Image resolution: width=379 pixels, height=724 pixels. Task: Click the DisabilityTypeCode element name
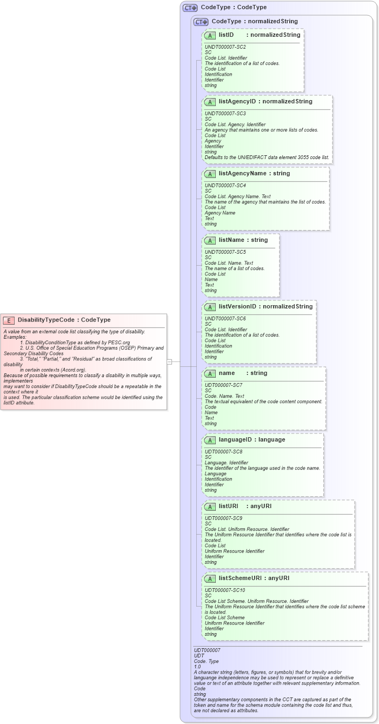[x=46, y=320]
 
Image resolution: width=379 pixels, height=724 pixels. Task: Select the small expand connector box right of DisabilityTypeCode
[x=169, y=361]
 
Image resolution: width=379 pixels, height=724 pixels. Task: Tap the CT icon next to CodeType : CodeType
[x=190, y=8]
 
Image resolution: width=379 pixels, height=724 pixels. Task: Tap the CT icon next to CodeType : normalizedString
[x=201, y=22]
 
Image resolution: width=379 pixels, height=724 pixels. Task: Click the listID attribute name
[x=226, y=35]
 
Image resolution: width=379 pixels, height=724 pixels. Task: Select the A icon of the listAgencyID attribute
[x=210, y=102]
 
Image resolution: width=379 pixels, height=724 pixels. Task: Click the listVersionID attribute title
[x=237, y=307]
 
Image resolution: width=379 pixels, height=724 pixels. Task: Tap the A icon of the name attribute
[x=210, y=373]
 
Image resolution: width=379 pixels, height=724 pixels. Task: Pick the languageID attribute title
[x=237, y=440]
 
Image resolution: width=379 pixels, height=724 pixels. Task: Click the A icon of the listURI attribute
[x=210, y=506]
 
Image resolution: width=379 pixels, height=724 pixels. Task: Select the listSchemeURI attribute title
[x=241, y=578]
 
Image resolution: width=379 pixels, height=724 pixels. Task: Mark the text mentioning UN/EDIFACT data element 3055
[x=267, y=157]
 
